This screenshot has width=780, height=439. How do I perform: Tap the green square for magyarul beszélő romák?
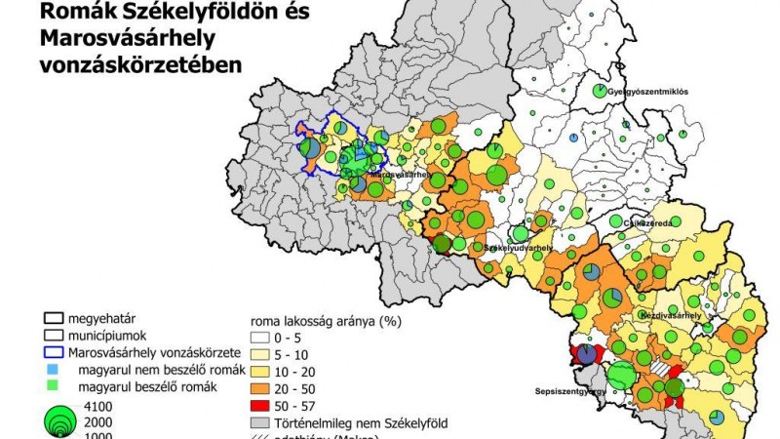54,387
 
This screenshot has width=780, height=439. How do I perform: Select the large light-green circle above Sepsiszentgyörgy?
620,375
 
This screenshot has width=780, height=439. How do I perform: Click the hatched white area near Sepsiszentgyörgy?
661,370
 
